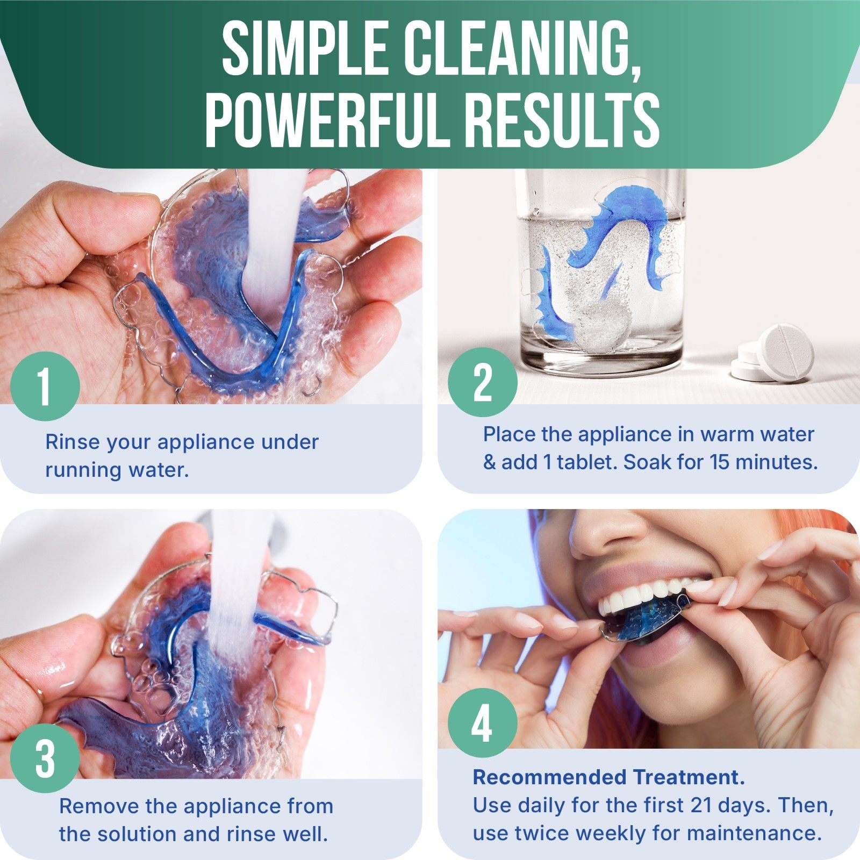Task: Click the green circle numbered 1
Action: (x=45, y=385)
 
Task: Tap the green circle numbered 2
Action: (x=483, y=382)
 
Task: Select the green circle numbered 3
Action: (x=45, y=758)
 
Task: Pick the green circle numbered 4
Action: (x=482, y=723)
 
